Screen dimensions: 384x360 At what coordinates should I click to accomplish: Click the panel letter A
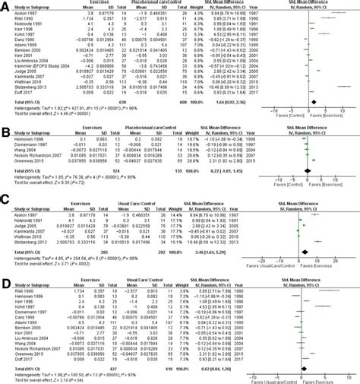(x=5, y=5)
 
